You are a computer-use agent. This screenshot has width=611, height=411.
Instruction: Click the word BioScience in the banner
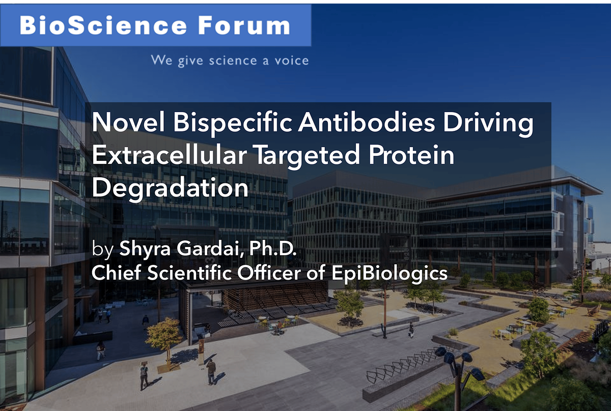(103, 25)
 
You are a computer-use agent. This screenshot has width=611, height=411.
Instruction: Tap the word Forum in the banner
(244, 25)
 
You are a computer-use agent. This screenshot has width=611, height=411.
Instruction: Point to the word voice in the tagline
(292, 60)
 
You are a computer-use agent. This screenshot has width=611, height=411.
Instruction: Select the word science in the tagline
(233, 60)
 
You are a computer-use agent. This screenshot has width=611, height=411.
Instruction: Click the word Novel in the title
(128, 122)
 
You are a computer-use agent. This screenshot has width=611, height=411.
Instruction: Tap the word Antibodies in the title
(366, 122)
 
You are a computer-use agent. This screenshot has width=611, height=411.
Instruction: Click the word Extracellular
(170, 154)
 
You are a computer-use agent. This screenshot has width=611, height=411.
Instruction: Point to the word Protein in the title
(411, 155)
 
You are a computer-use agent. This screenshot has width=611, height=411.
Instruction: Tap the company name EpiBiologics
(390, 273)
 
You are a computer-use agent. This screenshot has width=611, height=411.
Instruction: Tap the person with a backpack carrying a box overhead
(144, 374)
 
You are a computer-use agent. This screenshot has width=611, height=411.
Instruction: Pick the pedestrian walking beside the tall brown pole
(411, 330)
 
